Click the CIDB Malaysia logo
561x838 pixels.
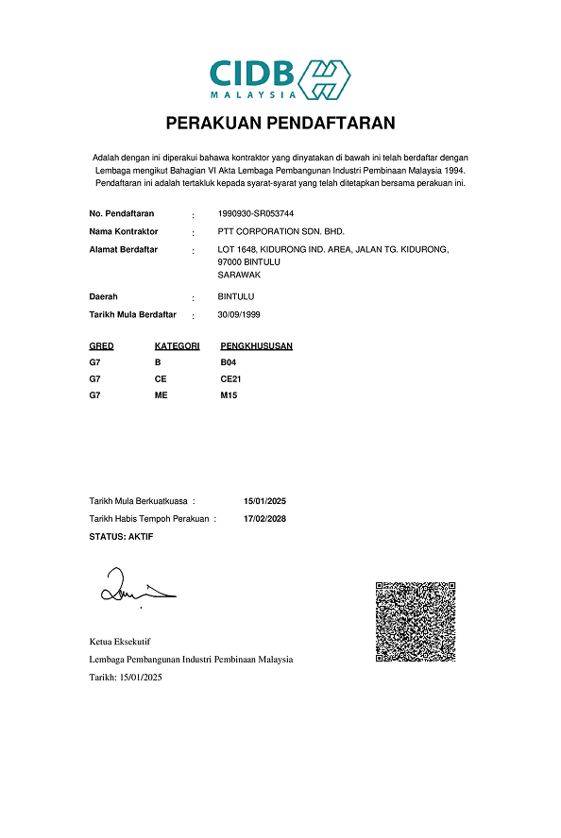pos(280,78)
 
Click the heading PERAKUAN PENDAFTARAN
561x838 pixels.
pos(280,123)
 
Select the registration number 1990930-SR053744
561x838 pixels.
pos(255,213)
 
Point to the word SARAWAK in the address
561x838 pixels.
pos(239,275)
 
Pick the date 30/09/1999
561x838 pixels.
pos(238,314)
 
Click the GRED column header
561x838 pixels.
pos(101,346)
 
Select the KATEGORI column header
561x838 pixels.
pos(177,346)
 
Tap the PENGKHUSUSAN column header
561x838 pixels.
pos(256,346)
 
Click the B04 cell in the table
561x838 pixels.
pos(229,362)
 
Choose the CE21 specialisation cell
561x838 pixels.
pos(231,378)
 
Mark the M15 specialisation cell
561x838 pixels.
pos(229,395)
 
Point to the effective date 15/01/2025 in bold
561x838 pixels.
pos(264,501)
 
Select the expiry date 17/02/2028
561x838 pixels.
pos(264,519)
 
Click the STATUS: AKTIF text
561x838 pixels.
pos(121,536)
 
